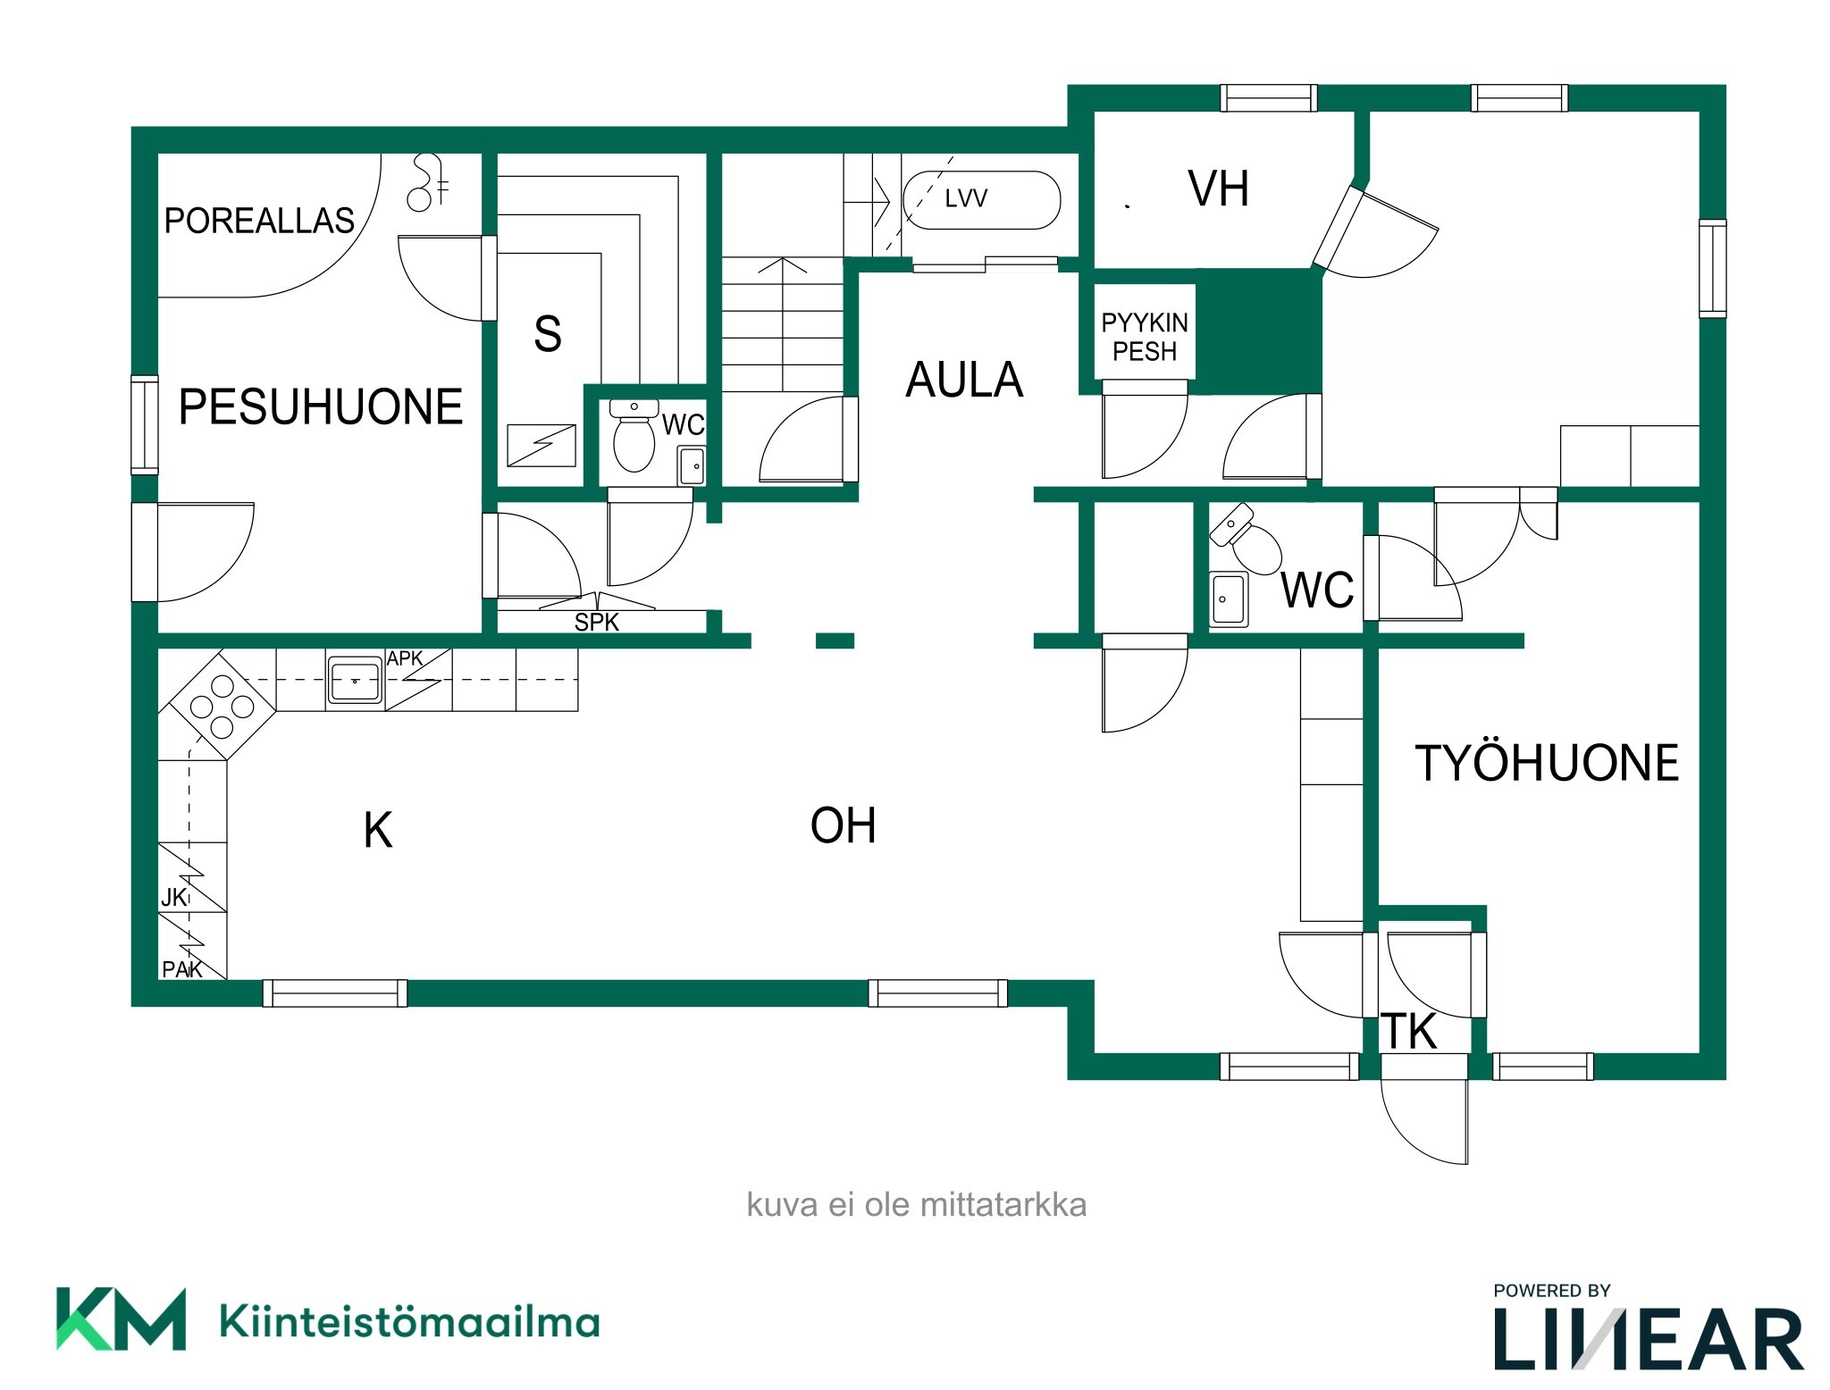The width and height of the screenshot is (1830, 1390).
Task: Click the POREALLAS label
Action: [x=259, y=221]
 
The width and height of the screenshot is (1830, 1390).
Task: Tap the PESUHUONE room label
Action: [x=321, y=407]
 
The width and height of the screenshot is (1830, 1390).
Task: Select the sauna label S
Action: [x=548, y=334]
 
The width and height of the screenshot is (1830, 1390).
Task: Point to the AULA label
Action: [x=964, y=380]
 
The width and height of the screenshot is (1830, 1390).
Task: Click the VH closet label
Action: [x=1218, y=188]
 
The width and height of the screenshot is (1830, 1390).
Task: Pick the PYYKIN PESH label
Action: [x=1145, y=337]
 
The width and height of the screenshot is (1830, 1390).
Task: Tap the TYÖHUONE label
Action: [x=1547, y=763]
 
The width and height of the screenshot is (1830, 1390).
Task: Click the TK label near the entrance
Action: [x=1409, y=1031]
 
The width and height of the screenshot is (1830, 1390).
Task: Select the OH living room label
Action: [x=843, y=825]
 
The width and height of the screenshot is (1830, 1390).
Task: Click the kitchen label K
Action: [x=378, y=830]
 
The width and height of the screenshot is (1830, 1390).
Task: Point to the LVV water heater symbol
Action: [x=982, y=200]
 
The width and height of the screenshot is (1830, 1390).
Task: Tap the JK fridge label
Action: [x=173, y=898]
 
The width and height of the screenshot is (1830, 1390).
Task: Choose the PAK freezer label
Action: [x=182, y=969]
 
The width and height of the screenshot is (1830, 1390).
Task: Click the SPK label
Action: [x=596, y=623]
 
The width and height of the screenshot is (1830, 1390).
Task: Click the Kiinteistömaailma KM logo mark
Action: [x=122, y=1319]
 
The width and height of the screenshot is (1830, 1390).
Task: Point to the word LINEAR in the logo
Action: [x=1649, y=1339]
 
